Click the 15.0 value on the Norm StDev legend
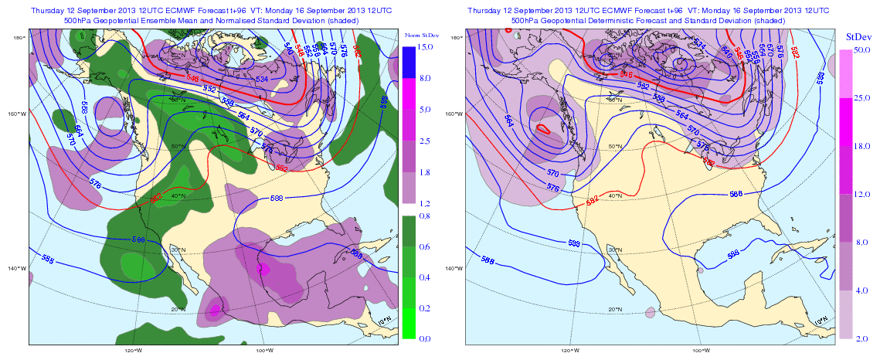pyautogui.click(x=424, y=47)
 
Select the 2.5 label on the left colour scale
pyautogui.click(x=423, y=141)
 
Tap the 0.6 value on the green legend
pyautogui.click(x=423, y=246)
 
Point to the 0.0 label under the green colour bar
pyautogui.click(x=423, y=338)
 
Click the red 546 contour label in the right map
pyautogui.click(x=627, y=75)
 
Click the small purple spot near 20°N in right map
pyautogui.click(x=650, y=313)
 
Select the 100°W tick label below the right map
pyautogui.click(x=701, y=349)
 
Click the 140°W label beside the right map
pyautogui.click(x=456, y=268)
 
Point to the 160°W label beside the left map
pyautogui.click(x=18, y=114)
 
